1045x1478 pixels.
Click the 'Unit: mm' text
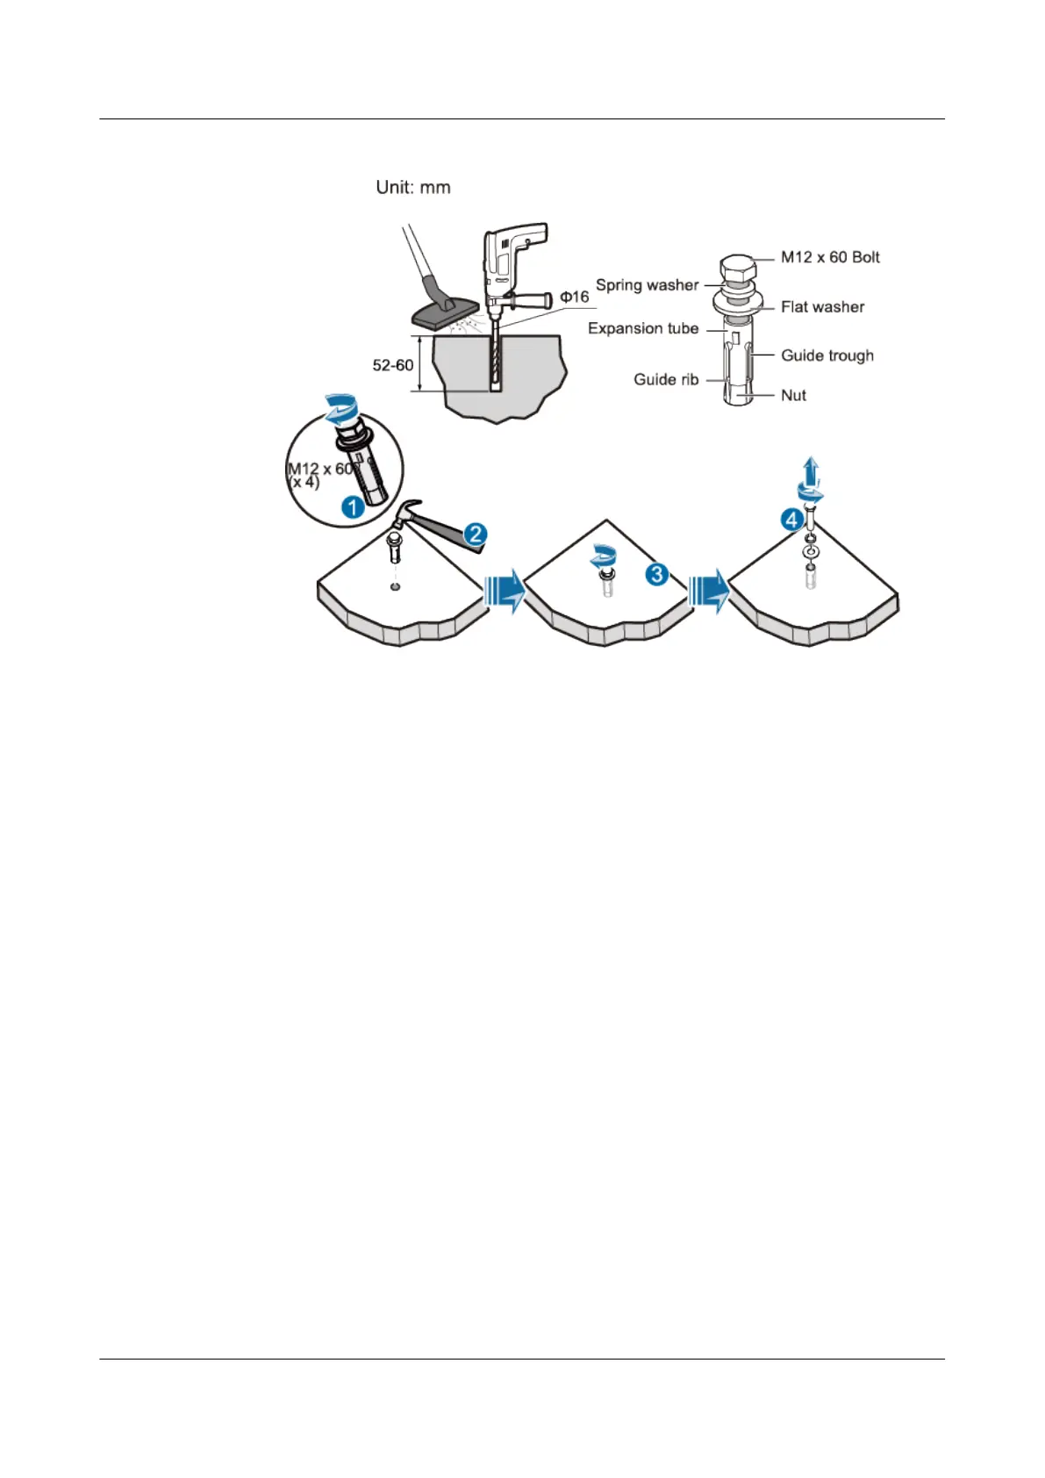(x=412, y=187)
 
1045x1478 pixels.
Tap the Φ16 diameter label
(x=575, y=297)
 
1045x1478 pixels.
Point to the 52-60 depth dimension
(x=392, y=365)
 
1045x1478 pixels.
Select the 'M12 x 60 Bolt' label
(x=830, y=257)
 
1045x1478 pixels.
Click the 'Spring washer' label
(x=647, y=285)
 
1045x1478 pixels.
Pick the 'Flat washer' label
(x=822, y=307)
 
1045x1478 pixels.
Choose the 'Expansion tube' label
(x=643, y=328)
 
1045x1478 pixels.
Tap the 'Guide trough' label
(x=827, y=355)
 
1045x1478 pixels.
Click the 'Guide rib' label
(x=666, y=380)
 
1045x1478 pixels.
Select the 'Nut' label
(x=793, y=396)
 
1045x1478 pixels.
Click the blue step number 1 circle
(x=353, y=507)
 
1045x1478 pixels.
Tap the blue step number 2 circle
(x=476, y=534)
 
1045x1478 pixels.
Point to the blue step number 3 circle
(x=656, y=575)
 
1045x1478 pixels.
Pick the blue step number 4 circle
(x=791, y=520)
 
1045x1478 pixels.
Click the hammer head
(x=407, y=511)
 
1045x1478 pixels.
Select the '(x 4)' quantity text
(x=304, y=483)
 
